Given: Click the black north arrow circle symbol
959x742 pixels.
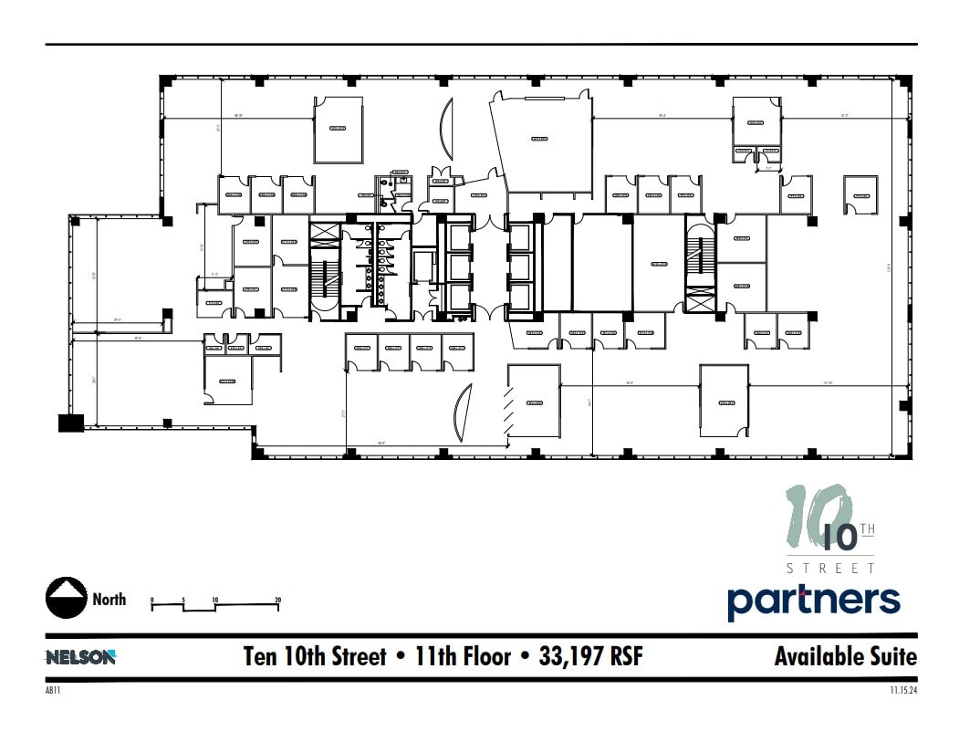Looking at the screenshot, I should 66,599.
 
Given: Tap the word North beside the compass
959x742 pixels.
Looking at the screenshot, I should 109,600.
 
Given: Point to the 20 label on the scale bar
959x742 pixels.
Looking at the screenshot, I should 277,601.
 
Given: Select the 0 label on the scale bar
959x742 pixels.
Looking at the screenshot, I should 152,601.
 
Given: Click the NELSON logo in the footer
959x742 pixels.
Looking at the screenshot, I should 81,656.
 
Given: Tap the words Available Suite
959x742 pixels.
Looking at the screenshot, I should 845,656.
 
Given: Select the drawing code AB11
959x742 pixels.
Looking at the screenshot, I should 52,690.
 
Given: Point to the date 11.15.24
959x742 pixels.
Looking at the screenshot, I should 903,690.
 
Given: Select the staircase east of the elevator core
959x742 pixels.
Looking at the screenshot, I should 700,256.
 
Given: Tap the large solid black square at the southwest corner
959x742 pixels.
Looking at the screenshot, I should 71,422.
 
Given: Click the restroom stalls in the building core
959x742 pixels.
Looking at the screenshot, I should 375,265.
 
